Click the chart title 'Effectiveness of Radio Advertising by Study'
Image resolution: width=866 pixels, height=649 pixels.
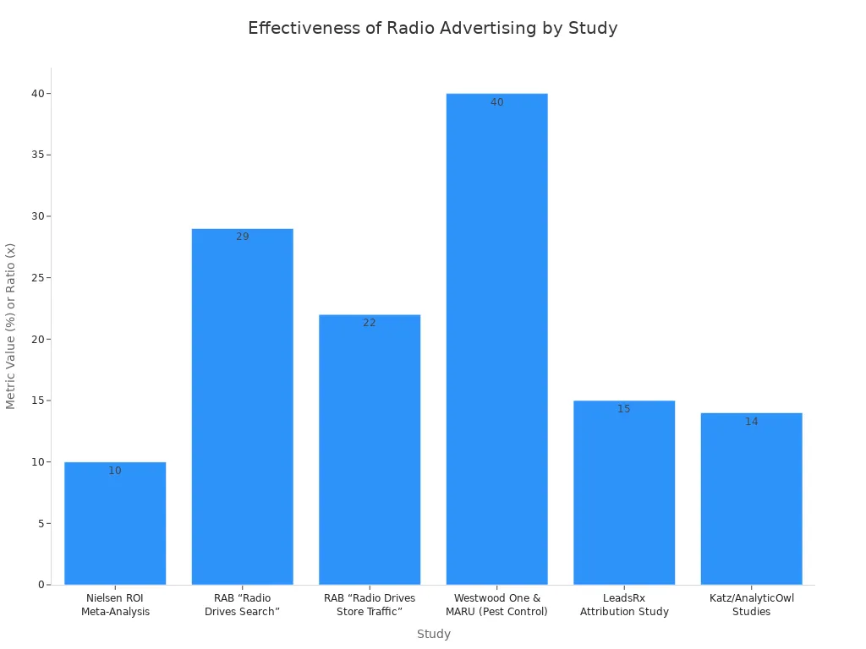(x=432, y=28)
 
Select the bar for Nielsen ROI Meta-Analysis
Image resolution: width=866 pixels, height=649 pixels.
(x=115, y=524)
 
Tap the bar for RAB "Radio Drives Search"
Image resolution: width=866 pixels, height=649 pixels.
(x=243, y=406)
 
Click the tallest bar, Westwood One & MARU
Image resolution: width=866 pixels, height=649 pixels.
(x=496, y=339)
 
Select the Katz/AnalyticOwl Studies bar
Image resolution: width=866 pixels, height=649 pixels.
(x=751, y=499)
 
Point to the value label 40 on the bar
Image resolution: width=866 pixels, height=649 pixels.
(x=496, y=102)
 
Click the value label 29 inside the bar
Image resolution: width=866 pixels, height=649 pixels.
(x=243, y=237)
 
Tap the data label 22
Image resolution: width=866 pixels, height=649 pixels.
(x=370, y=323)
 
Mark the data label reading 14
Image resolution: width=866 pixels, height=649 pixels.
(x=751, y=422)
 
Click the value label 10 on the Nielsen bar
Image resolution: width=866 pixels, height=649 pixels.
(x=115, y=471)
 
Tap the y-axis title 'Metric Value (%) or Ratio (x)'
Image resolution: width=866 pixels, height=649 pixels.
(x=11, y=326)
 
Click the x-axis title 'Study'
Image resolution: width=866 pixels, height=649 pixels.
(x=433, y=634)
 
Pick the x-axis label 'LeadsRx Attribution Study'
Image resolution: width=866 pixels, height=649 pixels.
(x=624, y=605)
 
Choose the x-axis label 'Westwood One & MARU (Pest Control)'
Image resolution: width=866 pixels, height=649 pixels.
(x=496, y=605)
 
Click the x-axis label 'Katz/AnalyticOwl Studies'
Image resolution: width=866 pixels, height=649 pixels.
(x=751, y=605)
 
